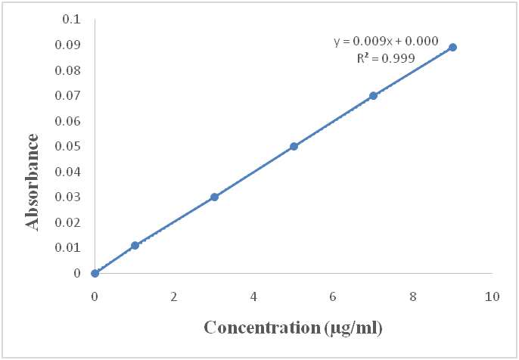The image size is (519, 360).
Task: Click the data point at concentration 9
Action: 452,47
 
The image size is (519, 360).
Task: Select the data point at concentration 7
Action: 373,96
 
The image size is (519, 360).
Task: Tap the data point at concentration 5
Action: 294,146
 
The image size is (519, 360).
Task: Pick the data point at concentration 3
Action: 214,197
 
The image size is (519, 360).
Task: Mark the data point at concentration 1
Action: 135,245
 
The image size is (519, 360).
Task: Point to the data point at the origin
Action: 95,273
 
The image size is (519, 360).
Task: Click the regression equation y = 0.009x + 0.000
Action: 386,42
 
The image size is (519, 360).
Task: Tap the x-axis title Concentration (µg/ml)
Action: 293,327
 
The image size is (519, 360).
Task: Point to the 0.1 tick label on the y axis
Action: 71,20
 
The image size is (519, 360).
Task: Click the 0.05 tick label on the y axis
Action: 68,147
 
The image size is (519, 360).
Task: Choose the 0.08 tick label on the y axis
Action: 68,70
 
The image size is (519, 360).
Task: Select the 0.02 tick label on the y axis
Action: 68,222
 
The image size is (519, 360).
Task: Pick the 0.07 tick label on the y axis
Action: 68,96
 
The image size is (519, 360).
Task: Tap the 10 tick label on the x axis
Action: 493,296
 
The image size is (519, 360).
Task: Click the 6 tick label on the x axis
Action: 334,296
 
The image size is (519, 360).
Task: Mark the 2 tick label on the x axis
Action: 174,296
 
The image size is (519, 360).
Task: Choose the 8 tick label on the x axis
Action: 413,296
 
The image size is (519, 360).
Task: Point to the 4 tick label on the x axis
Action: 253,296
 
